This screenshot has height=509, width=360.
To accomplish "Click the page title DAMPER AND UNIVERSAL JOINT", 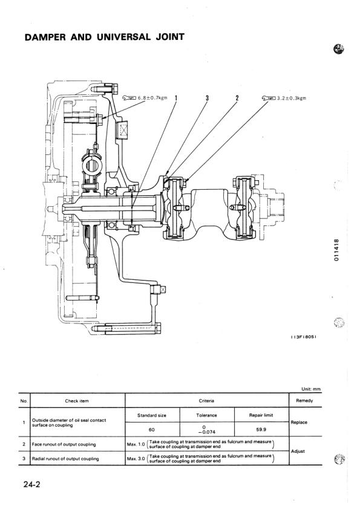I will click(x=104, y=37).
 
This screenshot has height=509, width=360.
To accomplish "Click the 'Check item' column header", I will click(x=77, y=400).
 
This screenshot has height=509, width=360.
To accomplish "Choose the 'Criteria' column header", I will click(x=206, y=400).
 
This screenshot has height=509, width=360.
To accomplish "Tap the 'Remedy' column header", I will click(x=306, y=400).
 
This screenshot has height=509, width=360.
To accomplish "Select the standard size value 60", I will click(x=152, y=430).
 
